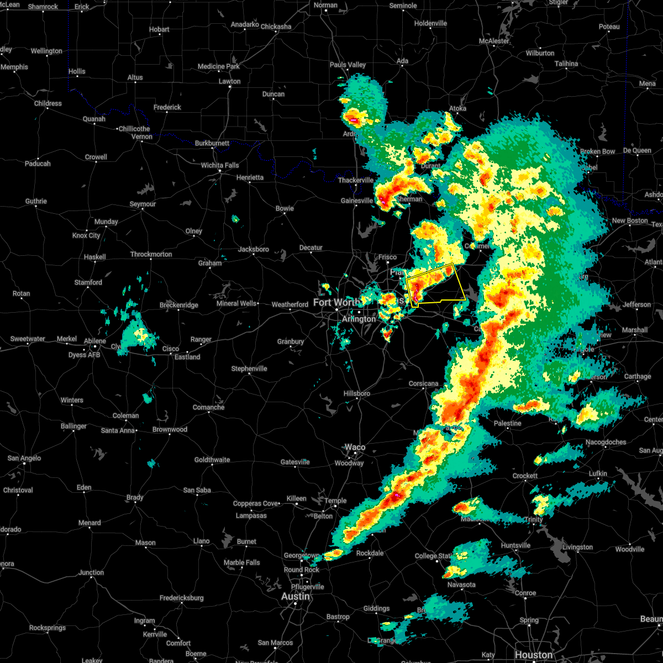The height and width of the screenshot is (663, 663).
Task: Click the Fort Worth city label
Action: coord(336,302)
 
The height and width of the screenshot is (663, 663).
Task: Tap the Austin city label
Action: coord(296,597)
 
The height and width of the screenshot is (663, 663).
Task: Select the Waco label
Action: coord(355,448)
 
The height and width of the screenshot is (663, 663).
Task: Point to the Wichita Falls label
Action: coord(220,165)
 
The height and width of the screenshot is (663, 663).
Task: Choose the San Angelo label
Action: coord(24,459)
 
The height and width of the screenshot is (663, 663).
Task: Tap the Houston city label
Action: coord(533,655)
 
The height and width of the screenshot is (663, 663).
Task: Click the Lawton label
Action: coord(229,81)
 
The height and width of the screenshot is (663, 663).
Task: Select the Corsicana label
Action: coord(424,383)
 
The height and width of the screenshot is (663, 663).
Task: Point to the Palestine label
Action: coord(507,423)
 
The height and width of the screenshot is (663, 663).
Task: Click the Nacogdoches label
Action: coord(606,443)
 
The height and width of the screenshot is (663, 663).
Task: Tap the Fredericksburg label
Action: coord(181,598)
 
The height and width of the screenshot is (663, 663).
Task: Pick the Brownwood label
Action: coord(170,429)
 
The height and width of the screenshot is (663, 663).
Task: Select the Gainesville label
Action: coord(356,201)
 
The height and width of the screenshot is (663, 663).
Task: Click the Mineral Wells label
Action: coord(236,303)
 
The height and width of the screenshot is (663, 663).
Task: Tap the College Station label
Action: coord(433,556)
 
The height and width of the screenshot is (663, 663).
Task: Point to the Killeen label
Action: coord(296,498)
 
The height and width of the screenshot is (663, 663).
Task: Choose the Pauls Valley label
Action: coord(348,65)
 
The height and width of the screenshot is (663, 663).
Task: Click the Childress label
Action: coord(48,103)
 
